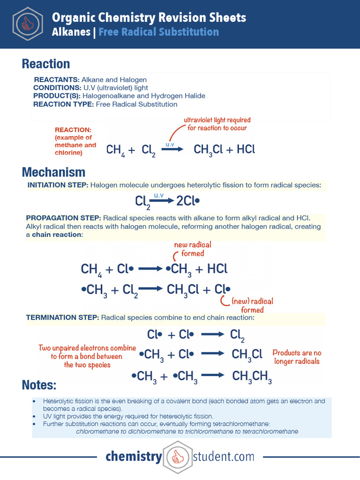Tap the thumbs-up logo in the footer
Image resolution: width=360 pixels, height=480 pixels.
[x=177, y=457]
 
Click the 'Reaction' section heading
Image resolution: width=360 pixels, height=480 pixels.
[x=46, y=64]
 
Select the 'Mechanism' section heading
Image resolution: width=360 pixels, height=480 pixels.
[x=53, y=172]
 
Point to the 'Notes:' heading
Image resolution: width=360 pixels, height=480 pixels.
[x=39, y=385]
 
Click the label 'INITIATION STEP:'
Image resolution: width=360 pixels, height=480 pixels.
[x=58, y=185]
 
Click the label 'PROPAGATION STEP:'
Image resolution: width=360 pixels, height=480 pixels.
[x=63, y=218]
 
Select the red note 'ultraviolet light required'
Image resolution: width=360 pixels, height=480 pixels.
[x=217, y=120]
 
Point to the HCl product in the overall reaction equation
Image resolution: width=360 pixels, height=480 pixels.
[x=246, y=150]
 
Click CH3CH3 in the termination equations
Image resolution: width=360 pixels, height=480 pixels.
[x=252, y=376]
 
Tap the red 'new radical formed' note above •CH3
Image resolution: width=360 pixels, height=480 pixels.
[x=192, y=249]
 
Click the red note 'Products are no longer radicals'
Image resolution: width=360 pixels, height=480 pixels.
[x=297, y=357]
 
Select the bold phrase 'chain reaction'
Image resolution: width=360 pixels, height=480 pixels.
[x=56, y=234]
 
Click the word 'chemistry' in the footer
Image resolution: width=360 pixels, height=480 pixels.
[x=134, y=457]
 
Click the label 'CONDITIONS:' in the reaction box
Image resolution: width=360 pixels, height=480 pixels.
[x=57, y=88]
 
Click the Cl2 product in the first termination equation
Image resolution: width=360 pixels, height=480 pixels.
[x=237, y=336]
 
